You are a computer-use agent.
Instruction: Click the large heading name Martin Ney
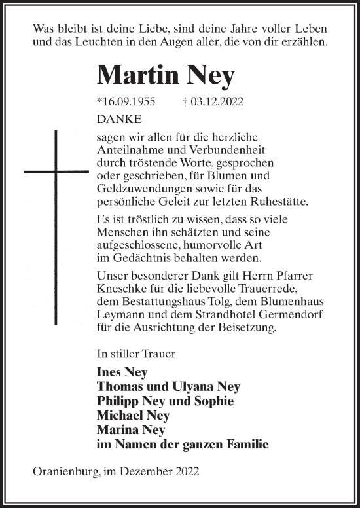pos(166,76)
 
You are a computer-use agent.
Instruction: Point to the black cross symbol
pos(56,172)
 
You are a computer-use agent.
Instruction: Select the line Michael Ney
pos(133,415)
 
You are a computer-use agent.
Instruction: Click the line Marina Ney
pos(130,429)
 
